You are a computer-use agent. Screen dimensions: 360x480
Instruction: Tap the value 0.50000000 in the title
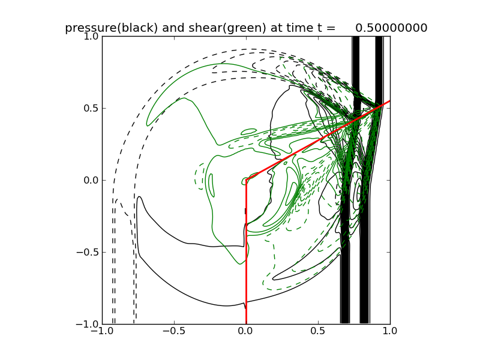tap(391, 28)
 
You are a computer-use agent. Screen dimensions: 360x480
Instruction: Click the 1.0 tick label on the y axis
tap(90, 37)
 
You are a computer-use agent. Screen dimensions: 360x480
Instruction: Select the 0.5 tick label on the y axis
tap(90, 109)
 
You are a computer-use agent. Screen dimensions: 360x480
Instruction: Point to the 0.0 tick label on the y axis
tap(90, 181)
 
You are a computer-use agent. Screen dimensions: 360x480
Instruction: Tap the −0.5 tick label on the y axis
tap(87, 253)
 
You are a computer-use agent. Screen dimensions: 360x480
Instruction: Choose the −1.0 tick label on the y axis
tap(87, 325)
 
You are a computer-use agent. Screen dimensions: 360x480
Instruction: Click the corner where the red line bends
tap(246, 179)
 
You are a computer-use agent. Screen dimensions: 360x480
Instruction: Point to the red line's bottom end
tap(246, 323)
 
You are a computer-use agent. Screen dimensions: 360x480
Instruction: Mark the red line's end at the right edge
tap(389, 101)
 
